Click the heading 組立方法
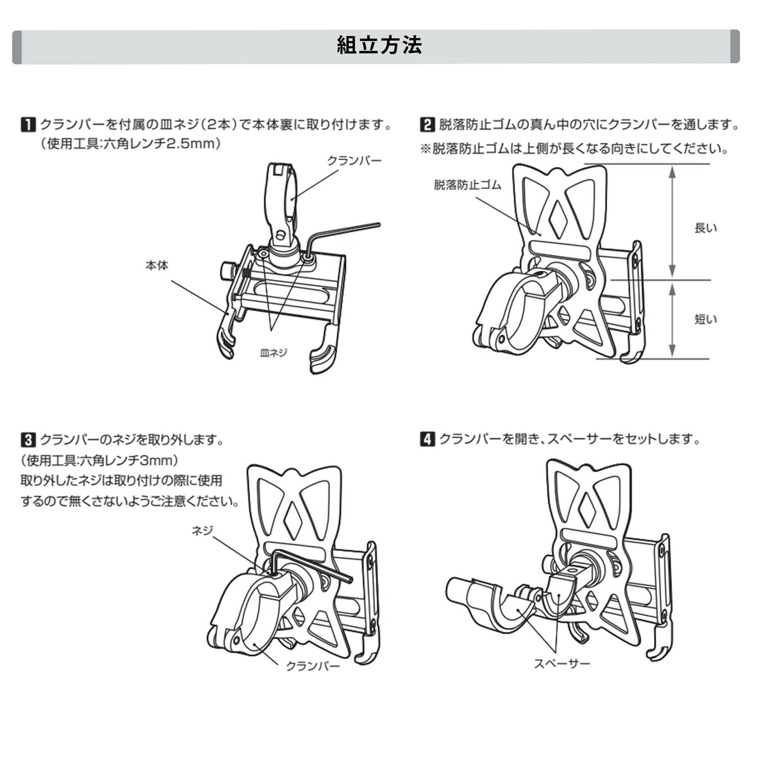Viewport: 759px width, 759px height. click(x=379, y=46)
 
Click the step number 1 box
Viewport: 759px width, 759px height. click(x=28, y=124)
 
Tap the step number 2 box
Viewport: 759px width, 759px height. click(x=428, y=124)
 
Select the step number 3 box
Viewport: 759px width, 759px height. click(x=28, y=439)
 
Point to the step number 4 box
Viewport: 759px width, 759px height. click(x=428, y=439)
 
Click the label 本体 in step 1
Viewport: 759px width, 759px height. click(x=156, y=265)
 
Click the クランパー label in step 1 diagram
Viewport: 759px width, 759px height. click(x=354, y=161)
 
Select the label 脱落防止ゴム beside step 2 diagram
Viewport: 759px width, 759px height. click(x=467, y=185)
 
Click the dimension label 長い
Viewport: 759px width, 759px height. click(x=705, y=228)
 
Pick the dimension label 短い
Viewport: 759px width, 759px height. click(x=705, y=319)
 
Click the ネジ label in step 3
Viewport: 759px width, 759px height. click(x=202, y=530)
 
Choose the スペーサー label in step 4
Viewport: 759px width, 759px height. click(x=562, y=663)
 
